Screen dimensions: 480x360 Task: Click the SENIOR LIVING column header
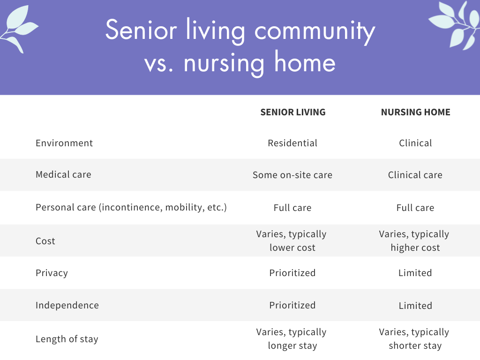click(x=293, y=112)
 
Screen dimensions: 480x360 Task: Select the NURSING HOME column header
click(x=415, y=112)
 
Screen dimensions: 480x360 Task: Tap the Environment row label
click(x=64, y=143)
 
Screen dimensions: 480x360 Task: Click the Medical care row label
click(x=63, y=174)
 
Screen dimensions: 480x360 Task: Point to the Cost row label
click(x=45, y=241)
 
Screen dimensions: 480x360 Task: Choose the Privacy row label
click(x=52, y=273)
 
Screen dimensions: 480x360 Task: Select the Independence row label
click(x=67, y=305)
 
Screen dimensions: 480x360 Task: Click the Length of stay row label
click(x=67, y=339)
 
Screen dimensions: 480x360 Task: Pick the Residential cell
click(x=292, y=143)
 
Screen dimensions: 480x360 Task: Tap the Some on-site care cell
click(x=292, y=175)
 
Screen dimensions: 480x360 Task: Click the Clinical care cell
click(x=415, y=175)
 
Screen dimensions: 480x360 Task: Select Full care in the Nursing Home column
click(x=415, y=208)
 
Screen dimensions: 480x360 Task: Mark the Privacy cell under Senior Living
click(x=292, y=273)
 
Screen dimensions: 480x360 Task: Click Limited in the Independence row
click(x=415, y=306)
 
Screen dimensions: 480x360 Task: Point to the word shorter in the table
click(x=402, y=345)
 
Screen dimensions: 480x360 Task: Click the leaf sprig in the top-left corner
click(x=18, y=29)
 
